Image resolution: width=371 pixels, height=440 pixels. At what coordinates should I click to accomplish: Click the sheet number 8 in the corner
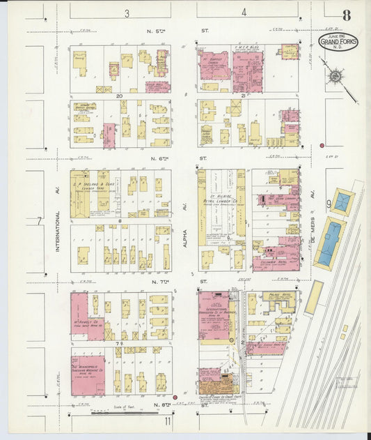click(346, 16)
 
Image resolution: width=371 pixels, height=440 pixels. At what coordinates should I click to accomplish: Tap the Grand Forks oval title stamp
click(338, 41)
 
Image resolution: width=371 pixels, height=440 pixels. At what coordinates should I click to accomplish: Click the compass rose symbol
click(335, 76)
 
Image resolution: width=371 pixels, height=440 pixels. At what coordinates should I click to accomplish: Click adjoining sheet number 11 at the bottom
click(168, 421)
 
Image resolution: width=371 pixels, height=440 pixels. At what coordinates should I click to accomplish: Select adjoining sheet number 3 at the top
click(127, 13)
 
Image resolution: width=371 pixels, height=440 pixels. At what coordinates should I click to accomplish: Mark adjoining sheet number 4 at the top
click(244, 13)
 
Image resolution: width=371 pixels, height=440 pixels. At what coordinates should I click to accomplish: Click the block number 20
click(120, 96)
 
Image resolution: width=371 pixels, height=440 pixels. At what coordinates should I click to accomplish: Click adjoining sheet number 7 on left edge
click(40, 221)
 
